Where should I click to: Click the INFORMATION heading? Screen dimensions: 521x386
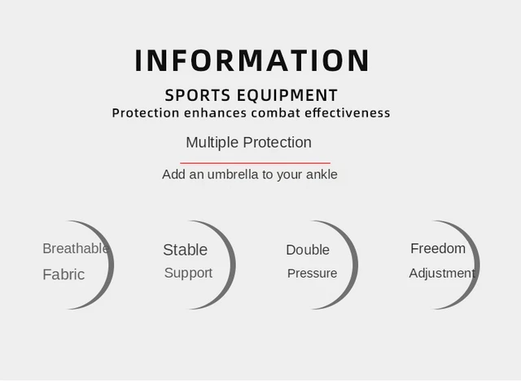click(x=252, y=60)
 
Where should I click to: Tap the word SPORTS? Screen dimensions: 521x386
click(x=198, y=95)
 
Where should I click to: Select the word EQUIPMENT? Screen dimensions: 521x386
click(x=287, y=95)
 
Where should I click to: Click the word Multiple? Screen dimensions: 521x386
click(x=212, y=143)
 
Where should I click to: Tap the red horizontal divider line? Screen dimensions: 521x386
click(x=255, y=163)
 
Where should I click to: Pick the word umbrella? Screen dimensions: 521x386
click(x=233, y=174)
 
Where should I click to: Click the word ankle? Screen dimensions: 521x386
click(x=322, y=174)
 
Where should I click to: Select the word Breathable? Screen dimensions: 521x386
click(x=76, y=248)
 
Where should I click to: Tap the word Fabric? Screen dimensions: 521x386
click(x=63, y=274)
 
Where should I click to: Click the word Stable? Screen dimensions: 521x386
click(x=185, y=250)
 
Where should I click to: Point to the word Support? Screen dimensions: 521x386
click(x=188, y=274)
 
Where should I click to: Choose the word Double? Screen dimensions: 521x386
click(x=308, y=250)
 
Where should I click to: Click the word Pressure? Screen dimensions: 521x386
click(x=312, y=274)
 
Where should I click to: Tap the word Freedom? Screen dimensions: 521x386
click(x=438, y=248)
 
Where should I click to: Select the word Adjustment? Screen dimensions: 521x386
click(x=442, y=274)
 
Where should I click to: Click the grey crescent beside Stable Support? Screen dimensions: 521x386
click(x=231, y=265)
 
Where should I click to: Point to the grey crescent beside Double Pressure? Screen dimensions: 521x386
click(x=354, y=265)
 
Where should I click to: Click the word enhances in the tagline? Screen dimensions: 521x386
click(x=215, y=112)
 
